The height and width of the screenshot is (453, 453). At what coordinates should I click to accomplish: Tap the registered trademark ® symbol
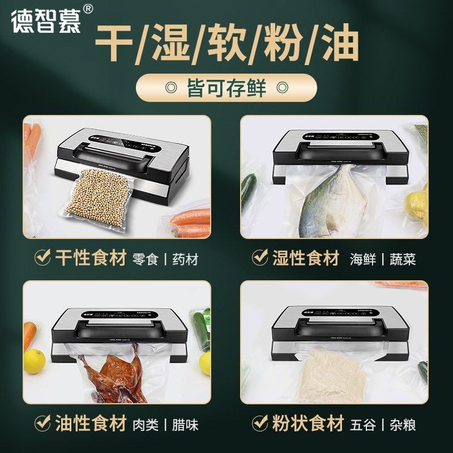(88, 10)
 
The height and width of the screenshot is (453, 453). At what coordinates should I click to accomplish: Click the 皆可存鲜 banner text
(226, 88)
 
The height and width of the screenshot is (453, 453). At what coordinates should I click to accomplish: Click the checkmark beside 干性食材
(43, 259)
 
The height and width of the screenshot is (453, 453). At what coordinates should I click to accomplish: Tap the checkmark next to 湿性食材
(260, 259)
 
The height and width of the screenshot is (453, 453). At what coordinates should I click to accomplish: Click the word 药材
(185, 260)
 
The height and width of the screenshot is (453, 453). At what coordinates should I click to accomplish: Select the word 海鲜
(363, 260)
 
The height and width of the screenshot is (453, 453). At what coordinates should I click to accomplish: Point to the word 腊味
(185, 424)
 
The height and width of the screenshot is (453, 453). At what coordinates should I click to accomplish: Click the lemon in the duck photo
(34, 361)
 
